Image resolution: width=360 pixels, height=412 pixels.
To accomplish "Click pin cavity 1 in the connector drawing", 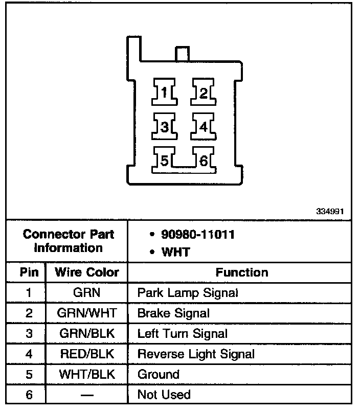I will pos(164,93).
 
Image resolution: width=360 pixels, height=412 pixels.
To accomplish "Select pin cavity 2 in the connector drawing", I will pos(204,93).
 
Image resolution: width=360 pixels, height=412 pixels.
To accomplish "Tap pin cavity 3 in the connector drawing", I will pos(164,127).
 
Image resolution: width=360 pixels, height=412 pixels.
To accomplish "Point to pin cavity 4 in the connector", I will pos(204,127).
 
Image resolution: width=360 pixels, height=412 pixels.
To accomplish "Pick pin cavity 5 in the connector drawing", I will pos(164,161).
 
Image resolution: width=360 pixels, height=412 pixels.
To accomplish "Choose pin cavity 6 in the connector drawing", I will pos(204,161).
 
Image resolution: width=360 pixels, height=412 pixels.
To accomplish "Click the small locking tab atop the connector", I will pos(182,54).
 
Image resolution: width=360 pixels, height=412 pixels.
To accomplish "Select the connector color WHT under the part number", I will pos(175,252).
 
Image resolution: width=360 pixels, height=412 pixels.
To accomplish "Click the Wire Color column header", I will pos(86,272).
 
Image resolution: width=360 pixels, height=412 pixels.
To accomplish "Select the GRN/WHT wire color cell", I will pos(86,313).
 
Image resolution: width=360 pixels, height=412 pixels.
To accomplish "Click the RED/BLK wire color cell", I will pos(86,354).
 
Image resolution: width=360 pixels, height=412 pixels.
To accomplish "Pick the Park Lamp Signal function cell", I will pos(188,293).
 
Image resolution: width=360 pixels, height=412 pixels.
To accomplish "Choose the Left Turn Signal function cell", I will pos(182,334).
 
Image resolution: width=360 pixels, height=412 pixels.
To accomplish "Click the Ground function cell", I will pos(158,374).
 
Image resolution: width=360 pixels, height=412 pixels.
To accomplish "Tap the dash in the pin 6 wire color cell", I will pos(86,395).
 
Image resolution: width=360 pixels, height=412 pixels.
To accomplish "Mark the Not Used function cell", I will pos(164,395).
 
